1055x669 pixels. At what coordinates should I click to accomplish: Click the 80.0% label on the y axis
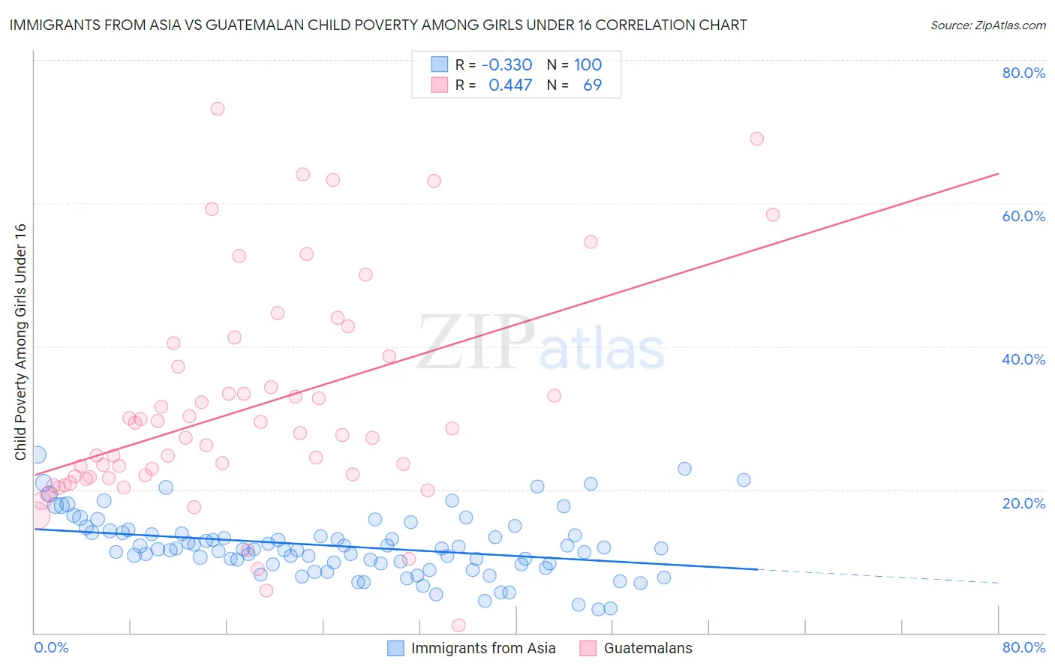tap(1023, 73)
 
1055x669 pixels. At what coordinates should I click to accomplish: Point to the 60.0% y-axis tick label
tap(1023, 216)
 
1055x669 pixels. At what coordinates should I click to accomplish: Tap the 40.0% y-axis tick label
tap(1023, 359)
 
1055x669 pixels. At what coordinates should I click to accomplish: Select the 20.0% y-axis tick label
tap(1023, 503)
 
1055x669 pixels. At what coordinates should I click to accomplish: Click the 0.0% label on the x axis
tap(51, 647)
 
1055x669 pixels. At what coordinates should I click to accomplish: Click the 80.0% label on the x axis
tap(1023, 647)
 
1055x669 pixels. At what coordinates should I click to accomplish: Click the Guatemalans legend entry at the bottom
tap(648, 648)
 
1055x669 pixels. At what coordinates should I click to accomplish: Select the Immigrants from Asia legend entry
tap(482, 648)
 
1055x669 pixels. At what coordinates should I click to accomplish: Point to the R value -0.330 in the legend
tap(506, 65)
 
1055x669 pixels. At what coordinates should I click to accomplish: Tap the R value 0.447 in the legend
tap(510, 85)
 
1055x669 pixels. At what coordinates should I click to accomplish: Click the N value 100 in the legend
tap(588, 65)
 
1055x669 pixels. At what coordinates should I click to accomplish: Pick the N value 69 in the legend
tap(592, 85)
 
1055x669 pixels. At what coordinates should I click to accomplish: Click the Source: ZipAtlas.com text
tap(987, 25)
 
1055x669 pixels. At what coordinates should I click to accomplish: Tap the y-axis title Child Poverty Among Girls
tap(20, 342)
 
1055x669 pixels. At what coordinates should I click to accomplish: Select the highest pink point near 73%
tap(218, 109)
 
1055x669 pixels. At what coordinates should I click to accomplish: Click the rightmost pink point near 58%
tap(772, 214)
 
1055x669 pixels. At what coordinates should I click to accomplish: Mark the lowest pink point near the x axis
tap(458, 625)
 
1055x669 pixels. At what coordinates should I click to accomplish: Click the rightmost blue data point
tap(744, 480)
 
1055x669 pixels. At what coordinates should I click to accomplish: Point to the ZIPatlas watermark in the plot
tap(540, 343)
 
